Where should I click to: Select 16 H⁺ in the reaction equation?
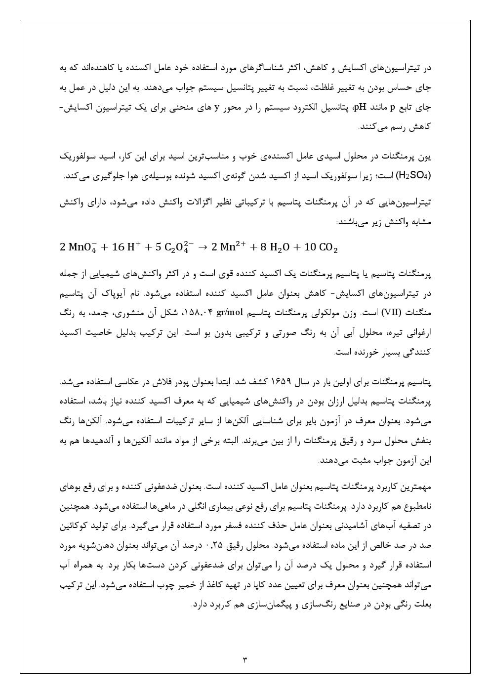(x=125, y=247)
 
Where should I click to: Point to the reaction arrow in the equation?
(x=202, y=247)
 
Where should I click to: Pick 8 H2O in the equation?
(x=272, y=247)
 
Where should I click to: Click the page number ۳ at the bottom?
(x=245, y=659)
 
